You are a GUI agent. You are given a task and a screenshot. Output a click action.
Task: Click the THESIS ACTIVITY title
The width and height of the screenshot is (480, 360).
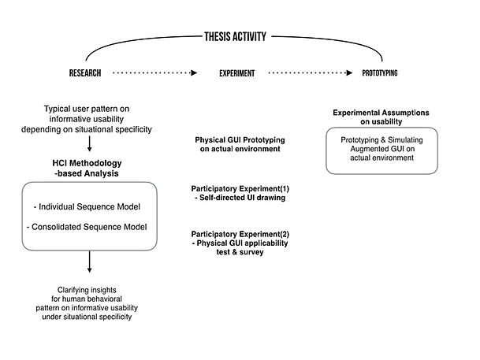pos(235,37)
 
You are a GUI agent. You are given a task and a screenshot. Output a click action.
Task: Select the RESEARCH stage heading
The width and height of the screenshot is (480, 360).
pos(85,73)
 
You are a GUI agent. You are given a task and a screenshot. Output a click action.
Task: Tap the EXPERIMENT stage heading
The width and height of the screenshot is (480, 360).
pos(237,73)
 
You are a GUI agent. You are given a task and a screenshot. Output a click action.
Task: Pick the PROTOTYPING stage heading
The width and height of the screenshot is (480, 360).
pos(380,73)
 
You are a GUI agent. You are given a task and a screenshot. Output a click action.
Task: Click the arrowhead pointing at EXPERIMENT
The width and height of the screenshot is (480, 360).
pos(194,72)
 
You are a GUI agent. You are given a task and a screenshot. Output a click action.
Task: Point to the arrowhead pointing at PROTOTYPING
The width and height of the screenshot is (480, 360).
pos(349,72)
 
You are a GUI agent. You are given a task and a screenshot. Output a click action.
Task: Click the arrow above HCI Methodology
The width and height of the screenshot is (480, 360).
pos(89,143)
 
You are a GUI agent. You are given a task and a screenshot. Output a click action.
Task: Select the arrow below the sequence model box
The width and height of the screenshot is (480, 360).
pos(89,262)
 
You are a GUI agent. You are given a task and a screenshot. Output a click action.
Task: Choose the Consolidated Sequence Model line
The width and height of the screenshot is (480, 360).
pos(87,227)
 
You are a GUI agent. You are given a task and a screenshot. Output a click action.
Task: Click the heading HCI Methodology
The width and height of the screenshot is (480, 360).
pos(87,163)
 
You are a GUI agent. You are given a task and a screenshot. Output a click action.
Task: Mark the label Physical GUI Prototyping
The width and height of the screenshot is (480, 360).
pos(240,140)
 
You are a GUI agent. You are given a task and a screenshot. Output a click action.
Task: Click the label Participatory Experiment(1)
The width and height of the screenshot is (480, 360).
pos(240,189)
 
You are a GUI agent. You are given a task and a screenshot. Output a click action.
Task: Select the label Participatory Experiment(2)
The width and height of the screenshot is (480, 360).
pos(240,234)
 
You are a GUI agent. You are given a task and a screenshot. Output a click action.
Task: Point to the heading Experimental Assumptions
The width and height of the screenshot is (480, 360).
pos(381,113)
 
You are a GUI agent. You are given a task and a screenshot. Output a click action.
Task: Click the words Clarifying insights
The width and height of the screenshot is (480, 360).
pos(87,290)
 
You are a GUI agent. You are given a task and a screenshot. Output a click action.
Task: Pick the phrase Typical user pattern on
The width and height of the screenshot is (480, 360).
pos(87,109)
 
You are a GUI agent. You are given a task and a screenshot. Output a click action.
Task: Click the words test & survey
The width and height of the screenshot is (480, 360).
pos(240,252)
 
